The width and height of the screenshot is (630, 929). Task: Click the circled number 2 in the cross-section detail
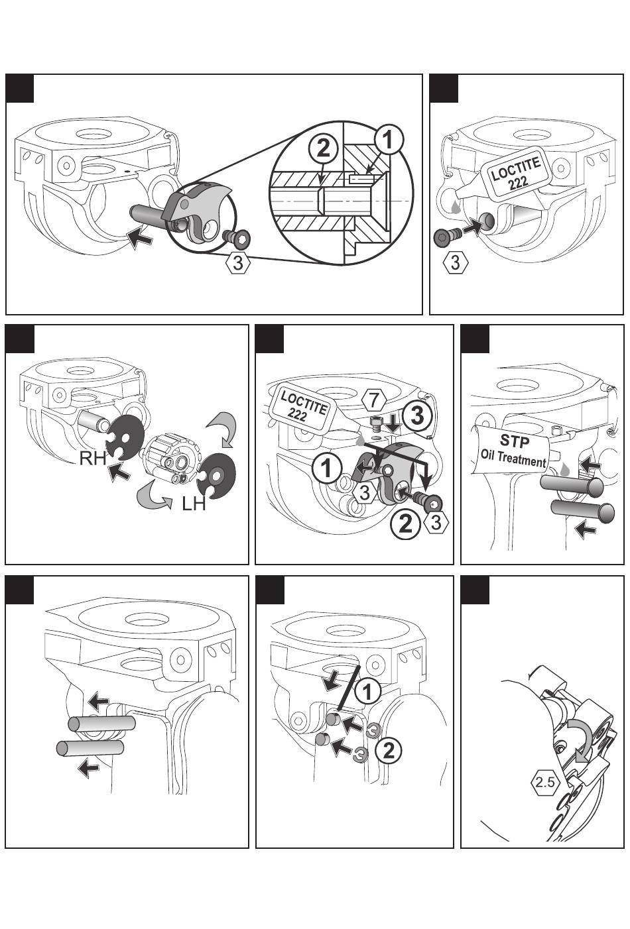pyautogui.click(x=323, y=148)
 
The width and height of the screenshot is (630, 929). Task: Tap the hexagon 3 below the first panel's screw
pyautogui.click(x=239, y=262)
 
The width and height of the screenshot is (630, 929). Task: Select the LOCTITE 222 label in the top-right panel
pyautogui.click(x=515, y=174)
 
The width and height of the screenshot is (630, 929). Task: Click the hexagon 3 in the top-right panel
pyautogui.click(x=455, y=262)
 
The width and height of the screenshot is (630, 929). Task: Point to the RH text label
pyautogui.click(x=94, y=457)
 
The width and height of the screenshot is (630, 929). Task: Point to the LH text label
pyautogui.click(x=194, y=504)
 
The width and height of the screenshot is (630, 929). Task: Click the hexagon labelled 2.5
pyautogui.click(x=545, y=783)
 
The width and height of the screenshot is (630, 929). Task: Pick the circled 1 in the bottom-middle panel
pyautogui.click(x=367, y=692)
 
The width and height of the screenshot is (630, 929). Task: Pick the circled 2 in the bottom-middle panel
pyautogui.click(x=389, y=751)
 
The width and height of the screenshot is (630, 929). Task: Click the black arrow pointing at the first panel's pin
pyautogui.click(x=140, y=237)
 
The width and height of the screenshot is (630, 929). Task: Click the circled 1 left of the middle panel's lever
pyautogui.click(x=327, y=468)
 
